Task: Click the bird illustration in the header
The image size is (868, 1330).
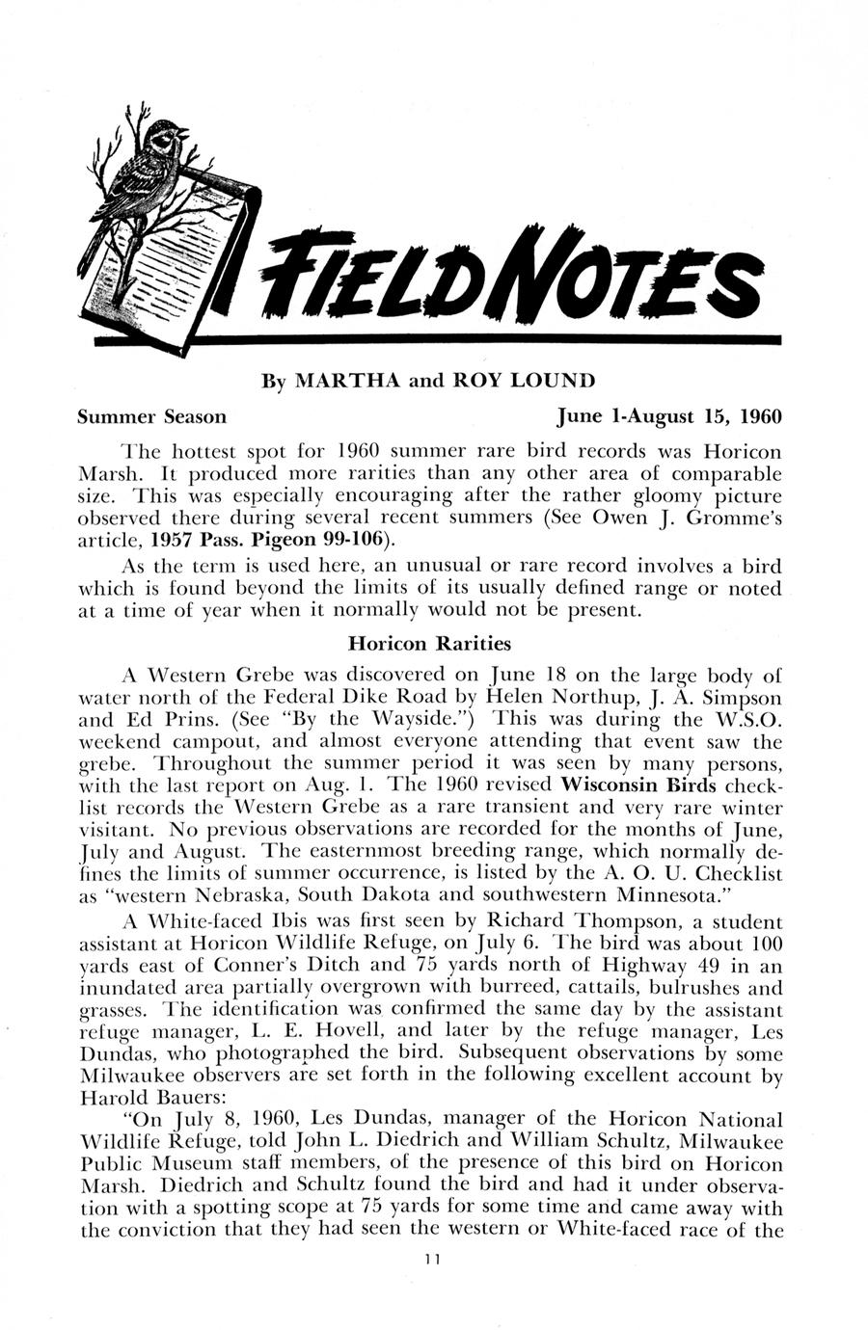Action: (145, 173)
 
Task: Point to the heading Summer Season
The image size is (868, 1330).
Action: (152, 416)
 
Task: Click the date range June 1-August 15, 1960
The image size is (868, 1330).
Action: (669, 416)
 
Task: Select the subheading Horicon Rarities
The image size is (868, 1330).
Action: (430, 642)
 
